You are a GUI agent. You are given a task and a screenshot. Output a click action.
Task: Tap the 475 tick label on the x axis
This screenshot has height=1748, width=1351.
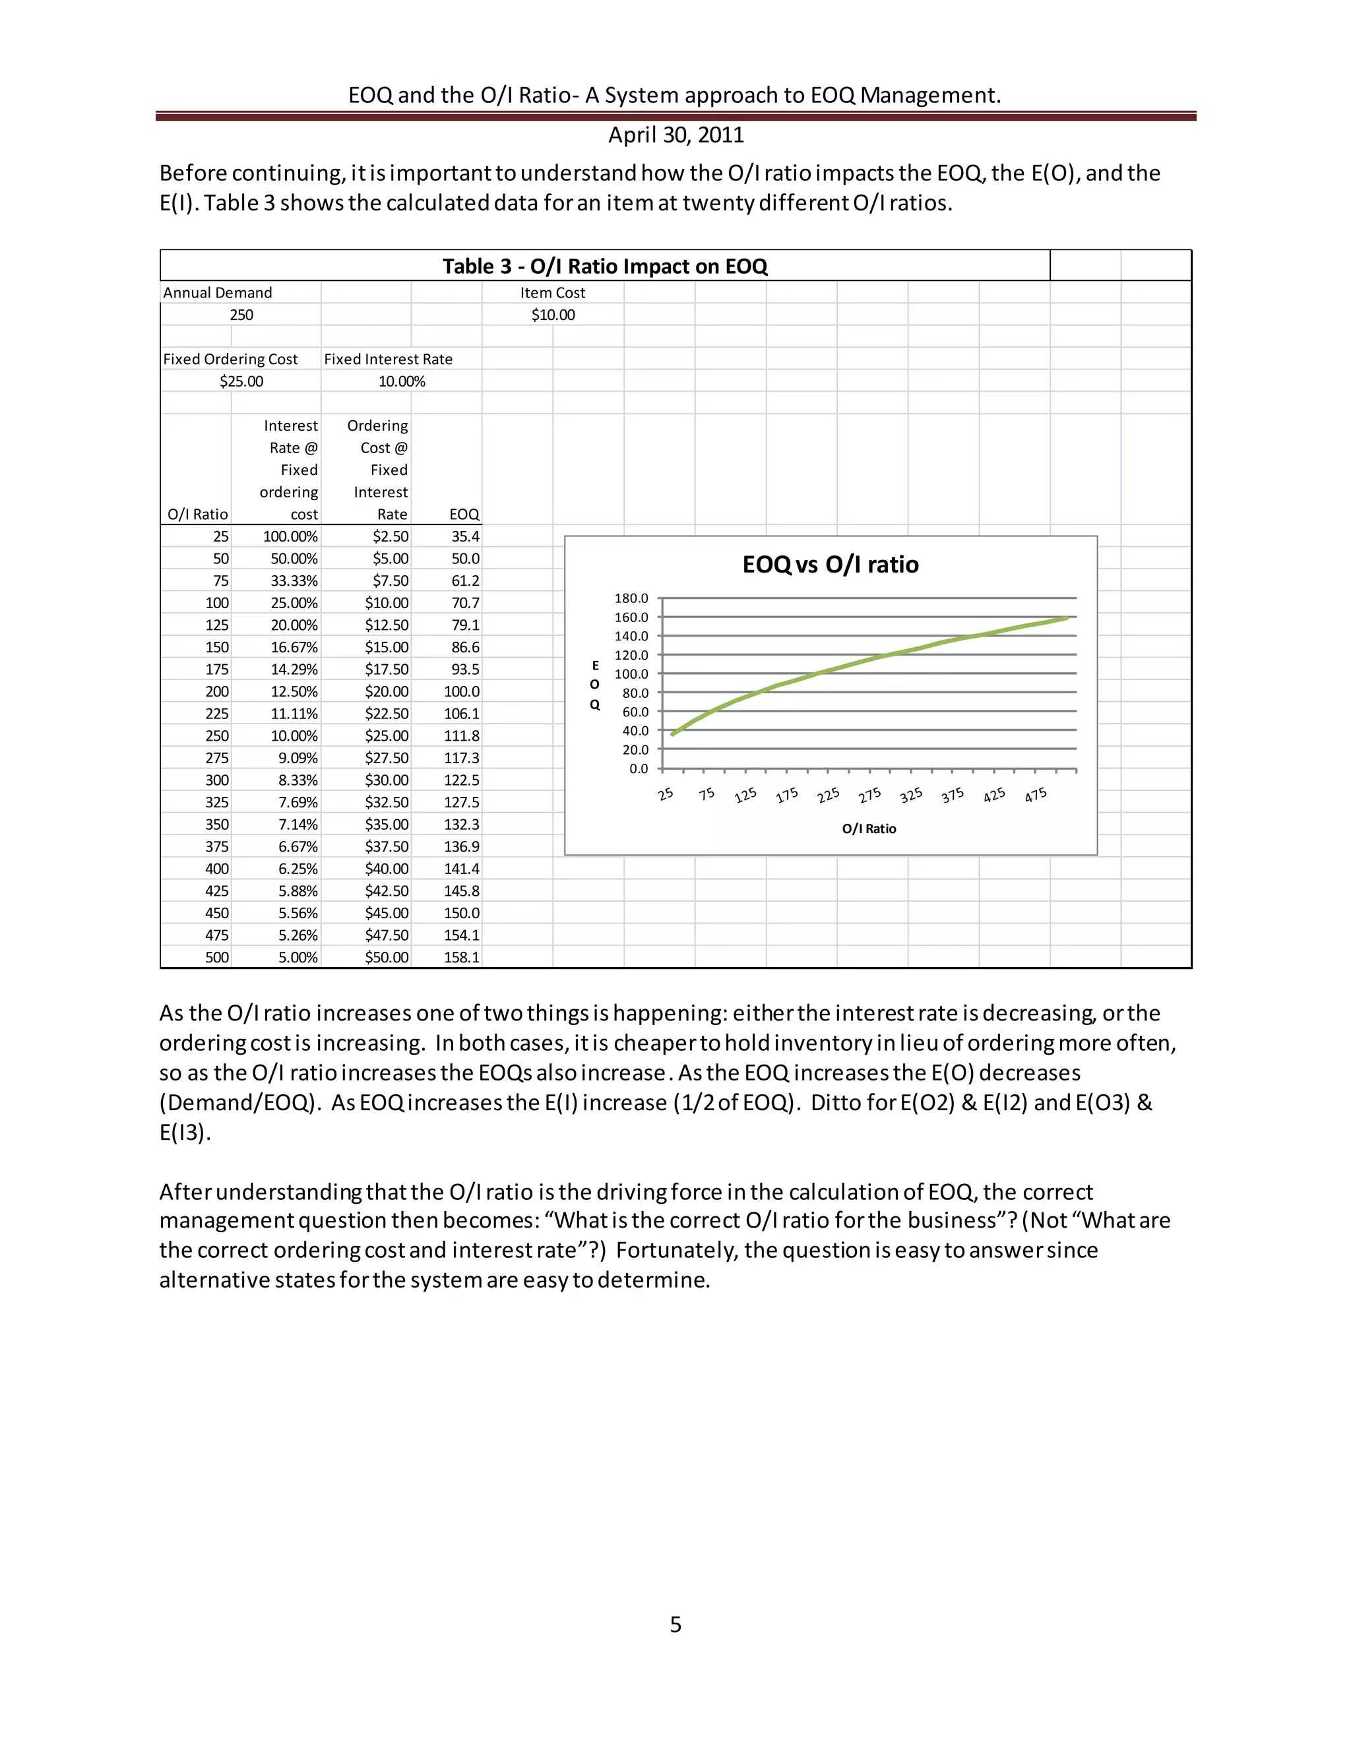1036,795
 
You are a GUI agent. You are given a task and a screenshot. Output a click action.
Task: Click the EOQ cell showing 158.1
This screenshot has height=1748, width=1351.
462,957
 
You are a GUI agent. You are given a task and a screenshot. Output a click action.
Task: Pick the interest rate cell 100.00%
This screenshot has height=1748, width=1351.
290,536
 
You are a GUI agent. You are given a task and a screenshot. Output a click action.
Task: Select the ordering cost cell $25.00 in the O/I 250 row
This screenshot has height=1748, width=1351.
387,735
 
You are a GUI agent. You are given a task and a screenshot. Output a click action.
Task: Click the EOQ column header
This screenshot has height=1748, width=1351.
464,514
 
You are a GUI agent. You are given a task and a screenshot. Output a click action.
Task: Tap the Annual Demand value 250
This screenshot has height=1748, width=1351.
241,315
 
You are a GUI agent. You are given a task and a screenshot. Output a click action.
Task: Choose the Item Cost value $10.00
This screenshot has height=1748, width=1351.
553,315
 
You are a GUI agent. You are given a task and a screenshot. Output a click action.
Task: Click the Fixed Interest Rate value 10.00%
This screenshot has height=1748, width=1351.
402,381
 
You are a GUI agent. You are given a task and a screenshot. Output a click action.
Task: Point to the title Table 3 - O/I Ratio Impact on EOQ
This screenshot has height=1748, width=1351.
605,266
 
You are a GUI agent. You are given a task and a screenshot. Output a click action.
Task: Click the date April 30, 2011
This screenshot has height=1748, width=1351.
675,135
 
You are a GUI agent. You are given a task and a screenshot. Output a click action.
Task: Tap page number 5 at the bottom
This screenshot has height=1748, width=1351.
675,1624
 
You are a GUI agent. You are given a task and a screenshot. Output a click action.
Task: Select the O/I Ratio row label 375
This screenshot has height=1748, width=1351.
217,846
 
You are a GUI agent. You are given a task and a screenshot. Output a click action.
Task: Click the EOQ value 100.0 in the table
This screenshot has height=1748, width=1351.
462,691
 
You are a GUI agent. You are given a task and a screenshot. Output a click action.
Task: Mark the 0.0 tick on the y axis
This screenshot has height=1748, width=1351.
639,768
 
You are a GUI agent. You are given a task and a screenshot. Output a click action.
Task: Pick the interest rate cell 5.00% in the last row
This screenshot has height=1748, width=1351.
298,957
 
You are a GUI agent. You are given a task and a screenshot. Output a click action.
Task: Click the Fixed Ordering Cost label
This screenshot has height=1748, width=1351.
230,359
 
